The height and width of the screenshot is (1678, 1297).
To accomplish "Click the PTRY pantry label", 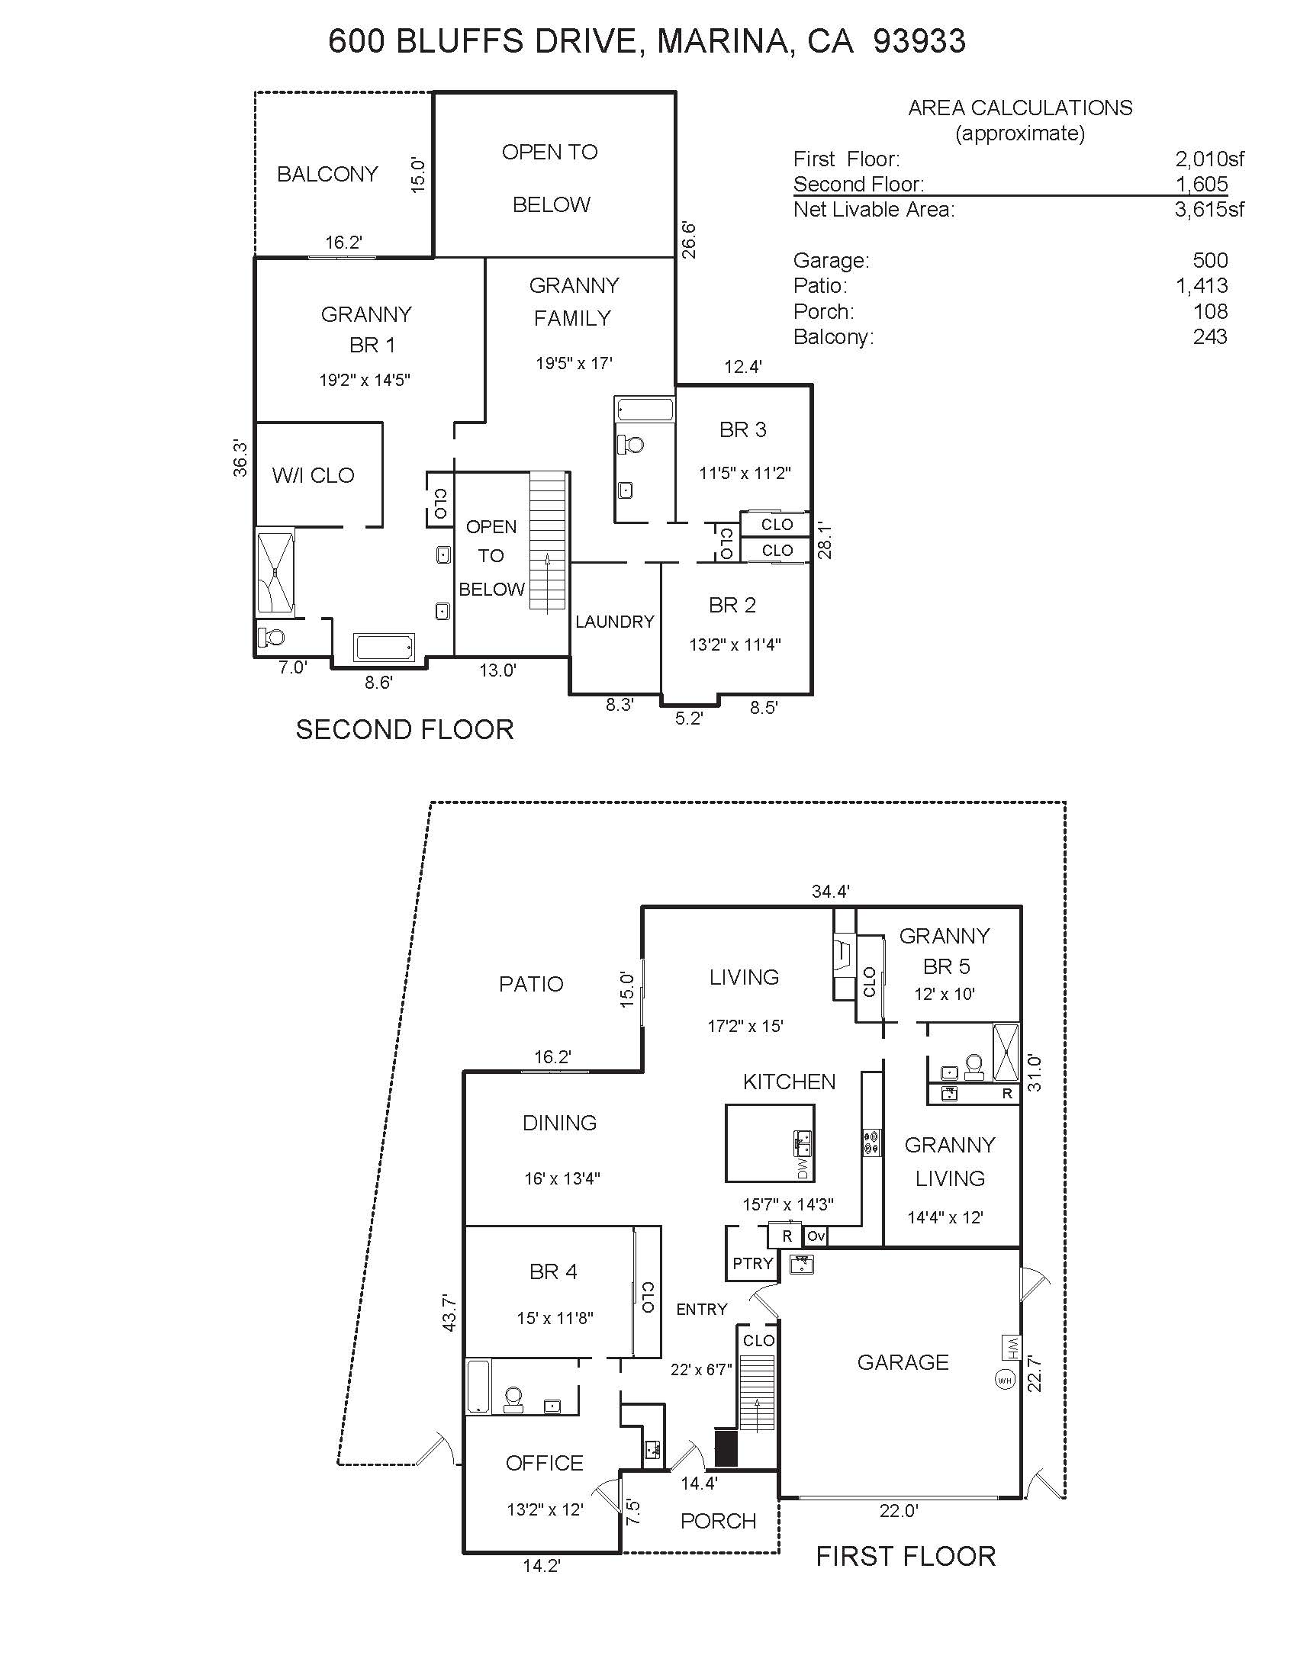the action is [752, 1264].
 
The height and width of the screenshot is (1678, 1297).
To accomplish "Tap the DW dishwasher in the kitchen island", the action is [803, 1168].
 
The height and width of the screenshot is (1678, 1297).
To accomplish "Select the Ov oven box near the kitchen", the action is [816, 1236].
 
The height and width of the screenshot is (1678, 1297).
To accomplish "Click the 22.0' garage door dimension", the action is [898, 1510].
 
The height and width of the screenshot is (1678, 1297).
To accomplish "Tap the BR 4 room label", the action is [553, 1271].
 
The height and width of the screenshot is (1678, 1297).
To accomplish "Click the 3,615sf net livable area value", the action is [1209, 209].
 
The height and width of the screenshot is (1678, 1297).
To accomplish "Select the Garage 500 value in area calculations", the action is [1210, 260].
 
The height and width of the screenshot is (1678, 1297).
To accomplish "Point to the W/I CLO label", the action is [313, 476].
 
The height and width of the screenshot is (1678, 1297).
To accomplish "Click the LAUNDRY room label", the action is [615, 622].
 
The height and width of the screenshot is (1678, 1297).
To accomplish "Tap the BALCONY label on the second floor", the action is [327, 175].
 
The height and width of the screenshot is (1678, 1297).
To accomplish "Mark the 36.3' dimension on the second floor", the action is [240, 458].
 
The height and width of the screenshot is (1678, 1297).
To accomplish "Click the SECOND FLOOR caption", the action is [405, 729].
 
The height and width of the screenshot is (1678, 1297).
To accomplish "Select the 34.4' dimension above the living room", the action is [831, 891].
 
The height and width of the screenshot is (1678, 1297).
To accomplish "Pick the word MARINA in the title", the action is [723, 41].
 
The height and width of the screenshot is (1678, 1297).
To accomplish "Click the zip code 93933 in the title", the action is [920, 40].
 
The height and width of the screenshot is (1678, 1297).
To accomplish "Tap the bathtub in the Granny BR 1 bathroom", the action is [385, 647].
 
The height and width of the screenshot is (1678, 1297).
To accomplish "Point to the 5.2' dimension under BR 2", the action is [688, 718].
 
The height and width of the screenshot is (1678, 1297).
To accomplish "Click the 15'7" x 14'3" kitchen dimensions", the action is [787, 1204].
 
